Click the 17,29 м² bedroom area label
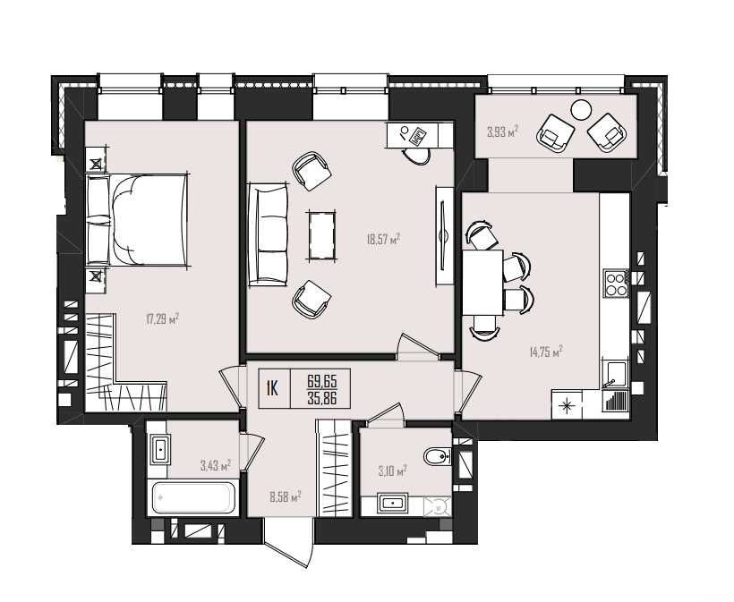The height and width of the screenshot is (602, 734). tap(162, 320)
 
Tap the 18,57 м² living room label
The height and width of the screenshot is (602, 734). tap(383, 240)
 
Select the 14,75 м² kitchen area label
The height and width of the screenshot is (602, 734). tap(546, 352)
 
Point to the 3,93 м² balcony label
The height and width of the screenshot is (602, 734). tap(503, 131)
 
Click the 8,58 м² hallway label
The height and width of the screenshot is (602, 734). tap(285, 496)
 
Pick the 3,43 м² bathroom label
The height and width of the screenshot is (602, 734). tap(216, 465)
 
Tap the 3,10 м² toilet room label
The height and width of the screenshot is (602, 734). tap(392, 471)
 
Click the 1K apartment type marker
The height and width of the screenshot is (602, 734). tap(272, 388)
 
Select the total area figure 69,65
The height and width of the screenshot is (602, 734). tap(322, 381)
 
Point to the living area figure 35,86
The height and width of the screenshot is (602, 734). tap(322, 398)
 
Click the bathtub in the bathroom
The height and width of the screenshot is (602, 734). tap(192, 497)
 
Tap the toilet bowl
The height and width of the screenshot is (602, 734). tap(437, 456)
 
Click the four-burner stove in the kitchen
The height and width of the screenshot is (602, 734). tap(616, 283)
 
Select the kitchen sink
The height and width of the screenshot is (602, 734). tap(615, 375)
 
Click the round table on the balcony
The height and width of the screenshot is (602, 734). tap(581, 110)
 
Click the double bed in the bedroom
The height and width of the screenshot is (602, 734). tap(138, 220)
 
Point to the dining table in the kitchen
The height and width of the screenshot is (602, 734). tap(482, 283)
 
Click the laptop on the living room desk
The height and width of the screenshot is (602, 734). tap(417, 136)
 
